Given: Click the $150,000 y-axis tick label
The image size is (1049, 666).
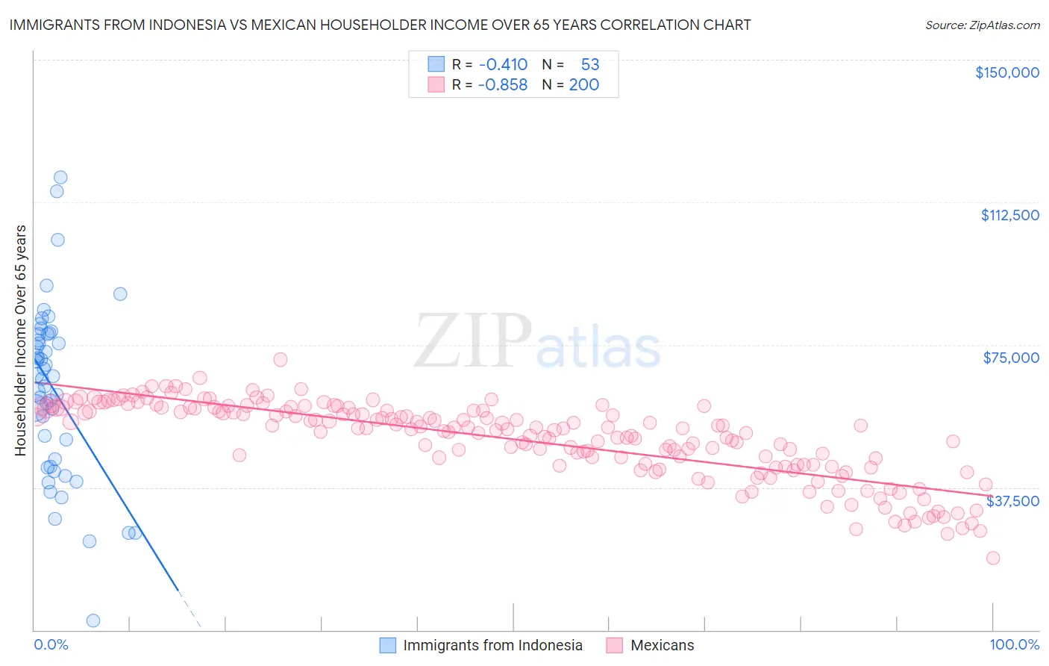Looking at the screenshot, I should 1006,72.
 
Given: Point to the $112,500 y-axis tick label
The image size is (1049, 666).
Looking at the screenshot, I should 1009,215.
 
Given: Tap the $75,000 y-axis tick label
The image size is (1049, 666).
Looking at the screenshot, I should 1011,358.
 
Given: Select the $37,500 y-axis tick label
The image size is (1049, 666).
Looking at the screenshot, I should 1012,501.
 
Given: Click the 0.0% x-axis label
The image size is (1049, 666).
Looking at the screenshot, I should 51,644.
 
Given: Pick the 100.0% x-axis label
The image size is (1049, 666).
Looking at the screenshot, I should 1014,644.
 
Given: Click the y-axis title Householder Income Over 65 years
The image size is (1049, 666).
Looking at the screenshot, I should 21,340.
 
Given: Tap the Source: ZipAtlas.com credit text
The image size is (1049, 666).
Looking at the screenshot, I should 982,25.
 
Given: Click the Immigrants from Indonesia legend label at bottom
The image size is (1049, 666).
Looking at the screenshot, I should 492,645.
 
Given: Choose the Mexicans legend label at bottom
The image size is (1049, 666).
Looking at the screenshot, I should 662,645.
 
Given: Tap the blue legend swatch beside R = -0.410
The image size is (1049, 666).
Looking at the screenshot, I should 436,64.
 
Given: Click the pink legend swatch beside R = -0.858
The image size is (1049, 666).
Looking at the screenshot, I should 436,84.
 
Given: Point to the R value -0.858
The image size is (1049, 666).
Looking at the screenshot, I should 503,84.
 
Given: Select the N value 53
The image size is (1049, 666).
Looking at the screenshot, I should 589,64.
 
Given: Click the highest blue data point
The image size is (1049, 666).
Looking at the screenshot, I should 60,178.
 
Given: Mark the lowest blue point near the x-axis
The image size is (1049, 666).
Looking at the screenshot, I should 93,620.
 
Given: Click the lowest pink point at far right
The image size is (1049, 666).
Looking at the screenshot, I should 992,558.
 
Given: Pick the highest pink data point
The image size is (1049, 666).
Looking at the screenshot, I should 281,359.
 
